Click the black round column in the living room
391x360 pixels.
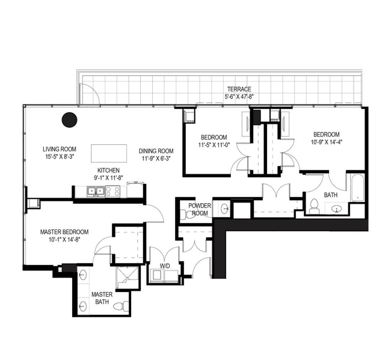[x=69, y=120]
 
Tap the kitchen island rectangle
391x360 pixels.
[x=109, y=153]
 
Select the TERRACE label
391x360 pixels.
[x=239, y=89]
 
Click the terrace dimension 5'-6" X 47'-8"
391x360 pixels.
[x=239, y=97]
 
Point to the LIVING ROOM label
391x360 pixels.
[x=60, y=149]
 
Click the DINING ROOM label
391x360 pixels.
[x=156, y=151]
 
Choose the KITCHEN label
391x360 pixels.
[x=108, y=171]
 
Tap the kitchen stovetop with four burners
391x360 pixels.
[x=112, y=191]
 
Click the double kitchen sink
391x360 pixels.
[x=96, y=191]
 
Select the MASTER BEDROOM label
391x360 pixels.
[x=64, y=232]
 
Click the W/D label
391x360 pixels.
[x=165, y=266]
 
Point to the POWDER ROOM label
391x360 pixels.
[x=200, y=209]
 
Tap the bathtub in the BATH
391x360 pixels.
[x=358, y=188]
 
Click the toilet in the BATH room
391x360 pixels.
[x=314, y=206]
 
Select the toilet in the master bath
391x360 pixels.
[x=122, y=306]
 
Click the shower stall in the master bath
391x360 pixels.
[x=128, y=277]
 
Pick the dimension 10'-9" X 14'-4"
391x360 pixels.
[x=327, y=142]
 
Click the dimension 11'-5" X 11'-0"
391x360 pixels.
[x=214, y=145]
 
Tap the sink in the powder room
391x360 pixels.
[x=225, y=208]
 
